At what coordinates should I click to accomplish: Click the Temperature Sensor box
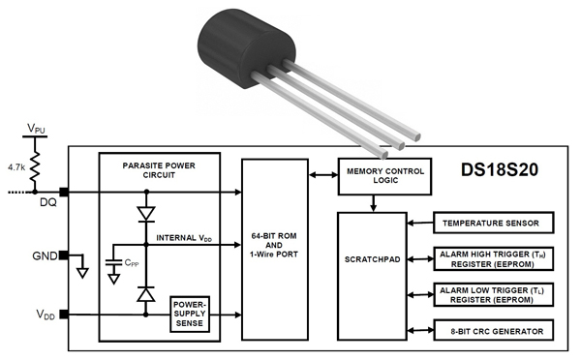pos(492,224)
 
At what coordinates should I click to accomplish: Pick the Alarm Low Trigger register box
pos(492,295)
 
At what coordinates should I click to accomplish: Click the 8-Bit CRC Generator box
pos(492,331)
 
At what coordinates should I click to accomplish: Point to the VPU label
pos(36,128)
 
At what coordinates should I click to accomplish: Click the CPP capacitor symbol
pos(115,262)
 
